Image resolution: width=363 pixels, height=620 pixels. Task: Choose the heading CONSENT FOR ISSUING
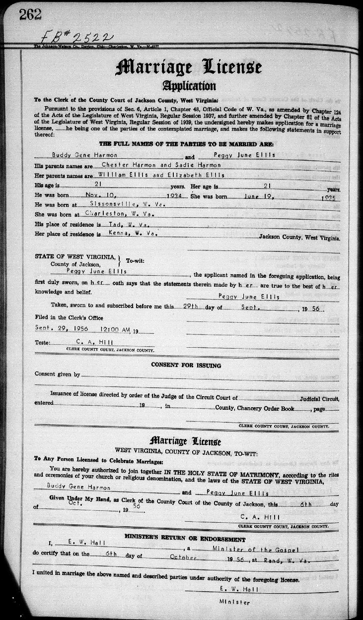click(x=186, y=366)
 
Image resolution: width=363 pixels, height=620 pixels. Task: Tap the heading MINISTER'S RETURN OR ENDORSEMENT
click(x=185, y=539)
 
